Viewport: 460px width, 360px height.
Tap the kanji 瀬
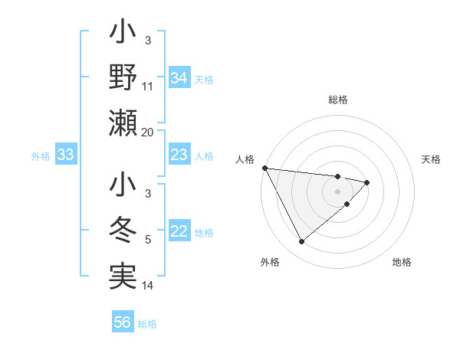pyautogui.click(x=123, y=122)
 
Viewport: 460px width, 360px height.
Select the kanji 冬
pyautogui.click(x=123, y=231)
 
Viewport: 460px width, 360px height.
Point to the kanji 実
pyautogui.click(x=123, y=277)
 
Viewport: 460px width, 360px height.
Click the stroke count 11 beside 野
pyautogui.click(x=148, y=87)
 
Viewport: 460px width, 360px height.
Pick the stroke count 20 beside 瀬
pyautogui.click(x=148, y=133)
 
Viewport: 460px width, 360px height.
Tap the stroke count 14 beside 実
pyautogui.click(x=148, y=286)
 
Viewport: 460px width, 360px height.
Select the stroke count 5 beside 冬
pyautogui.click(x=148, y=241)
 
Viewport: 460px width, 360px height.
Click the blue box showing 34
pyautogui.click(x=179, y=78)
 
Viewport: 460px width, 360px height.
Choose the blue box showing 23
pyautogui.click(x=179, y=155)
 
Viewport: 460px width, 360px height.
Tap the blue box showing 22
pyautogui.click(x=179, y=232)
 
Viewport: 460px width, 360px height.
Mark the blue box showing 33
pyautogui.click(x=66, y=155)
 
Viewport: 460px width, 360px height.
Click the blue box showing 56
pyautogui.click(x=123, y=322)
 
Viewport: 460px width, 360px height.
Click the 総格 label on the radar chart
pyautogui.click(x=338, y=100)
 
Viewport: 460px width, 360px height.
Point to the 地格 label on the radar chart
pyautogui.click(x=402, y=262)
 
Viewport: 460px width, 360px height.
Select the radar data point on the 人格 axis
pyautogui.click(x=264, y=168)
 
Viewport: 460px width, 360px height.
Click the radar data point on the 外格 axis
pyautogui.click(x=301, y=242)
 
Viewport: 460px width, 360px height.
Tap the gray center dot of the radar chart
pyautogui.click(x=338, y=191)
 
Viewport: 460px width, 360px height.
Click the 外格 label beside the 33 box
pyautogui.click(x=41, y=156)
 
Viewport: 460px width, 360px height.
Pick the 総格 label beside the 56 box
pyautogui.click(x=147, y=323)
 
